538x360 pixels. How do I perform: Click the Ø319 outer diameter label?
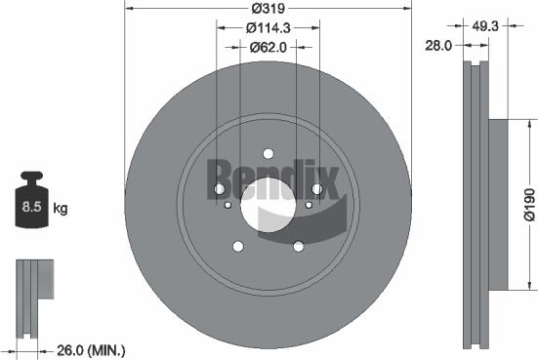click(x=267, y=9)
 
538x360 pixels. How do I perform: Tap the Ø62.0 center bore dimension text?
click(x=267, y=46)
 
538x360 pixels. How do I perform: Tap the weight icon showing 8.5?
click(x=29, y=204)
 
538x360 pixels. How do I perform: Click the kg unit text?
click(x=61, y=208)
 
